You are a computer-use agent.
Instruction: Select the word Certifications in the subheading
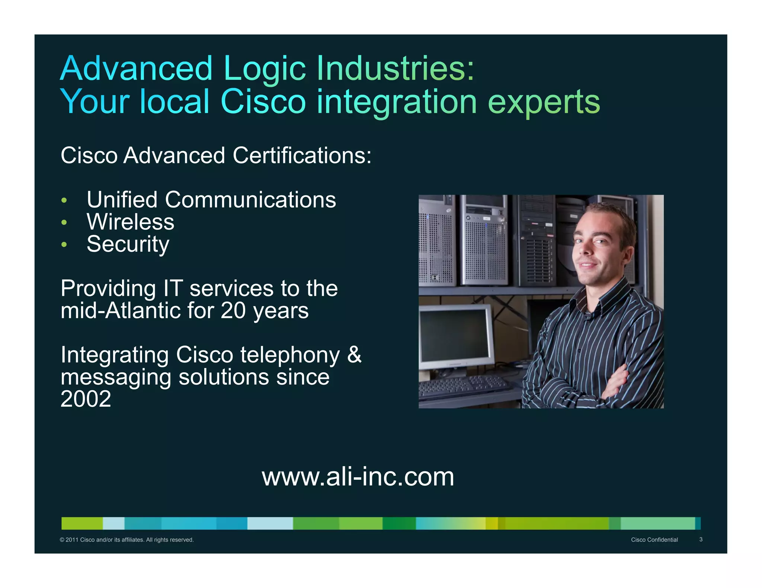click(302, 155)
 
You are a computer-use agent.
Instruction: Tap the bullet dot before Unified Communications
click(64, 200)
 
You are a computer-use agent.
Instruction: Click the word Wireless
click(130, 222)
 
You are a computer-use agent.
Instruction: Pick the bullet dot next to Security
click(64, 245)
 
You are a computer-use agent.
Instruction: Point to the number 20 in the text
click(233, 311)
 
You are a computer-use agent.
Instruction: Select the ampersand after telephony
click(354, 355)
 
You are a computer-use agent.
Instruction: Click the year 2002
click(86, 399)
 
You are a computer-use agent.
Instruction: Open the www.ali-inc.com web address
click(358, 477)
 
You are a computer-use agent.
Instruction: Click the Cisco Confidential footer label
click(654, 540)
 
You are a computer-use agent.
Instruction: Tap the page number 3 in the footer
click(701, 539)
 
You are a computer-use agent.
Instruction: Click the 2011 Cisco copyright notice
click(127, 540)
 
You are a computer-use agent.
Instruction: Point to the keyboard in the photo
click(463, 387)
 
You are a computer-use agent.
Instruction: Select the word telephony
click(289, 355)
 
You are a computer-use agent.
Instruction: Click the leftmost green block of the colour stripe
click(82, 523)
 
